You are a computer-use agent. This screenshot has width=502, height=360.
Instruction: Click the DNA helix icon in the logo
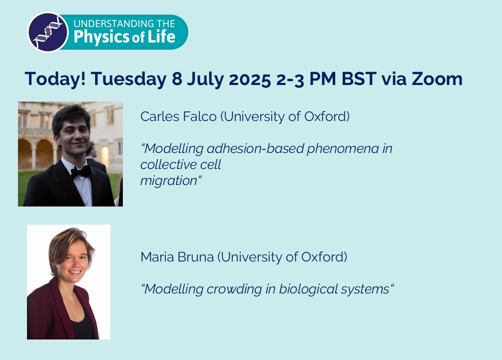pyautogui.click(x=48, y=32)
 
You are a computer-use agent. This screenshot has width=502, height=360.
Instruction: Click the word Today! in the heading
pyautogui.click(x=55, y=79)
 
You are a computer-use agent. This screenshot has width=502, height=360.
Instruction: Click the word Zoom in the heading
pyautogui.click(x=437, y=79)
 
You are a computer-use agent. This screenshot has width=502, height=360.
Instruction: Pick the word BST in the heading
pyautogui.click(x=359, y=79)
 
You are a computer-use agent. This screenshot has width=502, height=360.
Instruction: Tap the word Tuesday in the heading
pyautogui.click(x=129, y=79)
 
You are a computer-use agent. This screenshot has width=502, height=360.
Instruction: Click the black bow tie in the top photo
pyautogui.click(x=81, y=172)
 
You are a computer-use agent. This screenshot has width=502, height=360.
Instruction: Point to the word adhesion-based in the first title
pyautogui.click(x=255, y=148)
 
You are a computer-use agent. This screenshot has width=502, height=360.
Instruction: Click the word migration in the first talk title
pyautogui.click(x=169, y=181)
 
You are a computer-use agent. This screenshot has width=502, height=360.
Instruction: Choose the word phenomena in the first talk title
pyautogui.click(x=343, y=148)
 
